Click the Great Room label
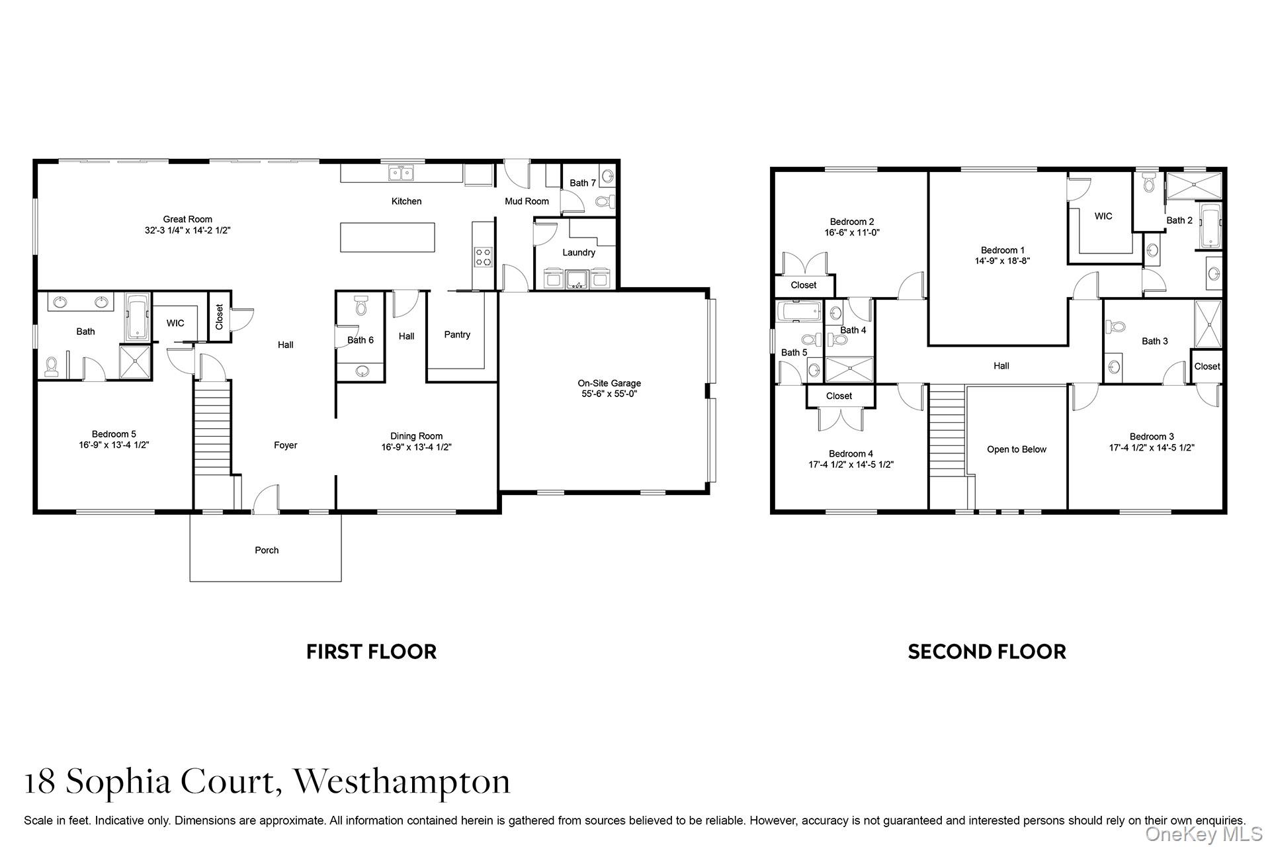[188, 220]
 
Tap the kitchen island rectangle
[388, 237]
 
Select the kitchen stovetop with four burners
[483, 257]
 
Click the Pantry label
[457, 335]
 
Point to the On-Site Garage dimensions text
[609, 394]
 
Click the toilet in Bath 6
[360, 305]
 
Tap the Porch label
[267, 551]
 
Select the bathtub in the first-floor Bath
[138, 318]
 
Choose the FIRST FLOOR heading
[371, 652]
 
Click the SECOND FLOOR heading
[987, 652]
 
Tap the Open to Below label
[1017, 450]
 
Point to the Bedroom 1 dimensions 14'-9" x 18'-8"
[1002, 261]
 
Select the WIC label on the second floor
[1103, 216]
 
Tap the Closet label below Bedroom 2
[804, 285]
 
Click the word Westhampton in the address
[402, 781]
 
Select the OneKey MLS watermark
[1204, 834]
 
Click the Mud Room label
[527, 201]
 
